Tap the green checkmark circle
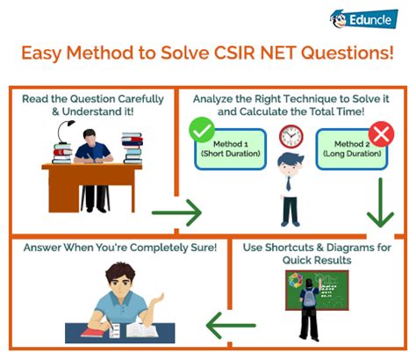click(202, 131)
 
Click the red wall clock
click(290, 136)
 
